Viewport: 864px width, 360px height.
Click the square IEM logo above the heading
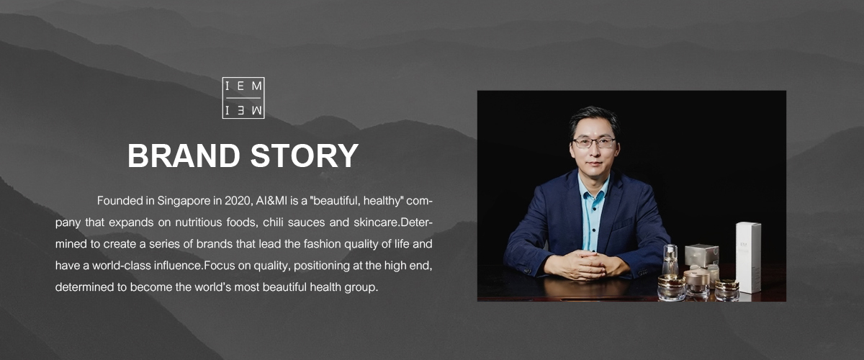tap(243, 97)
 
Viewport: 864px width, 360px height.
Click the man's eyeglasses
tap(594, 143)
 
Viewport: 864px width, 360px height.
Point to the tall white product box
tap(748, 256)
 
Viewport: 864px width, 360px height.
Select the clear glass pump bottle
tap(670, 260)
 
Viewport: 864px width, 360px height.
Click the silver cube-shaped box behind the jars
tap(701, 255)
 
